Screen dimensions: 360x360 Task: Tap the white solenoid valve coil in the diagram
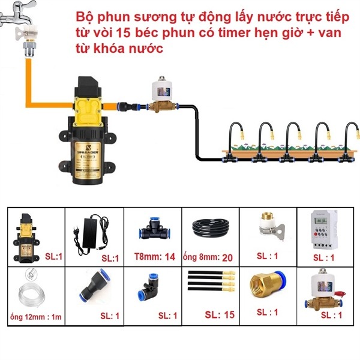click(x=162, y=89)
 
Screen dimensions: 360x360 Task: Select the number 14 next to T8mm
click(x=170, y=257)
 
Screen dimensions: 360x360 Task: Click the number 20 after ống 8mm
click(x=227, y=257)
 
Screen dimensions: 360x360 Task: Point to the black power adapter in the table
click(x=92, y=234)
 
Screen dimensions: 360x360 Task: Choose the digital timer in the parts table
click(x=324, y=230)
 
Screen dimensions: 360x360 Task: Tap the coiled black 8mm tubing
click(x=211, y=228)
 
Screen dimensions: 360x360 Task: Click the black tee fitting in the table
click(x=155, y=229)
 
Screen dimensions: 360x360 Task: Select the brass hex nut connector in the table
click(x=268, y=284)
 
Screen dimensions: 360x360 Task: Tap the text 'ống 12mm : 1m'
click(x=36, y=317)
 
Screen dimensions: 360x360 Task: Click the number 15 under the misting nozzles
click(x=229, y=314)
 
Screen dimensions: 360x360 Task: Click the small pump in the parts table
click(x=26, y=238)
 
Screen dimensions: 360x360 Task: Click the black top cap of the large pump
click(x=89, y=86)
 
